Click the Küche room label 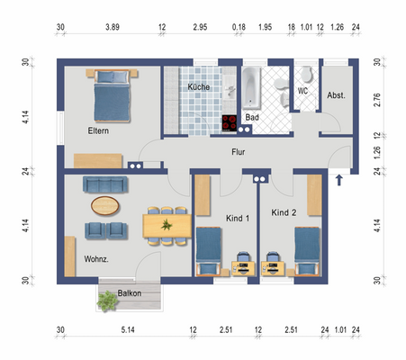point(198,87)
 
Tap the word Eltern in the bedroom point(98,130)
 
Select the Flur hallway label point(239,152)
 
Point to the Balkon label point(130,293)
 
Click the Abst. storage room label point(336,95)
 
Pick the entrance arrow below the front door point(339,180)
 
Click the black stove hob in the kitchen point(230,123)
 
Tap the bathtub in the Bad point(251,88)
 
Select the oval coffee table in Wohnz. point(105,206)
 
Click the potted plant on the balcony point(107,301)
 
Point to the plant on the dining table point(167,224)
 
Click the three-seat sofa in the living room point(105,184)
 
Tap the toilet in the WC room point(307,74)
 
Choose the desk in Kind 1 point(243,268)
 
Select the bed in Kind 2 point(307,251)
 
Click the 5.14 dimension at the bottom point(128,330)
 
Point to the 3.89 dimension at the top point(113,27)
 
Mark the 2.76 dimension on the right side point(377,100)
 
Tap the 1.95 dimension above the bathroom point(266,27)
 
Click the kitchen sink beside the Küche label point(230,89)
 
